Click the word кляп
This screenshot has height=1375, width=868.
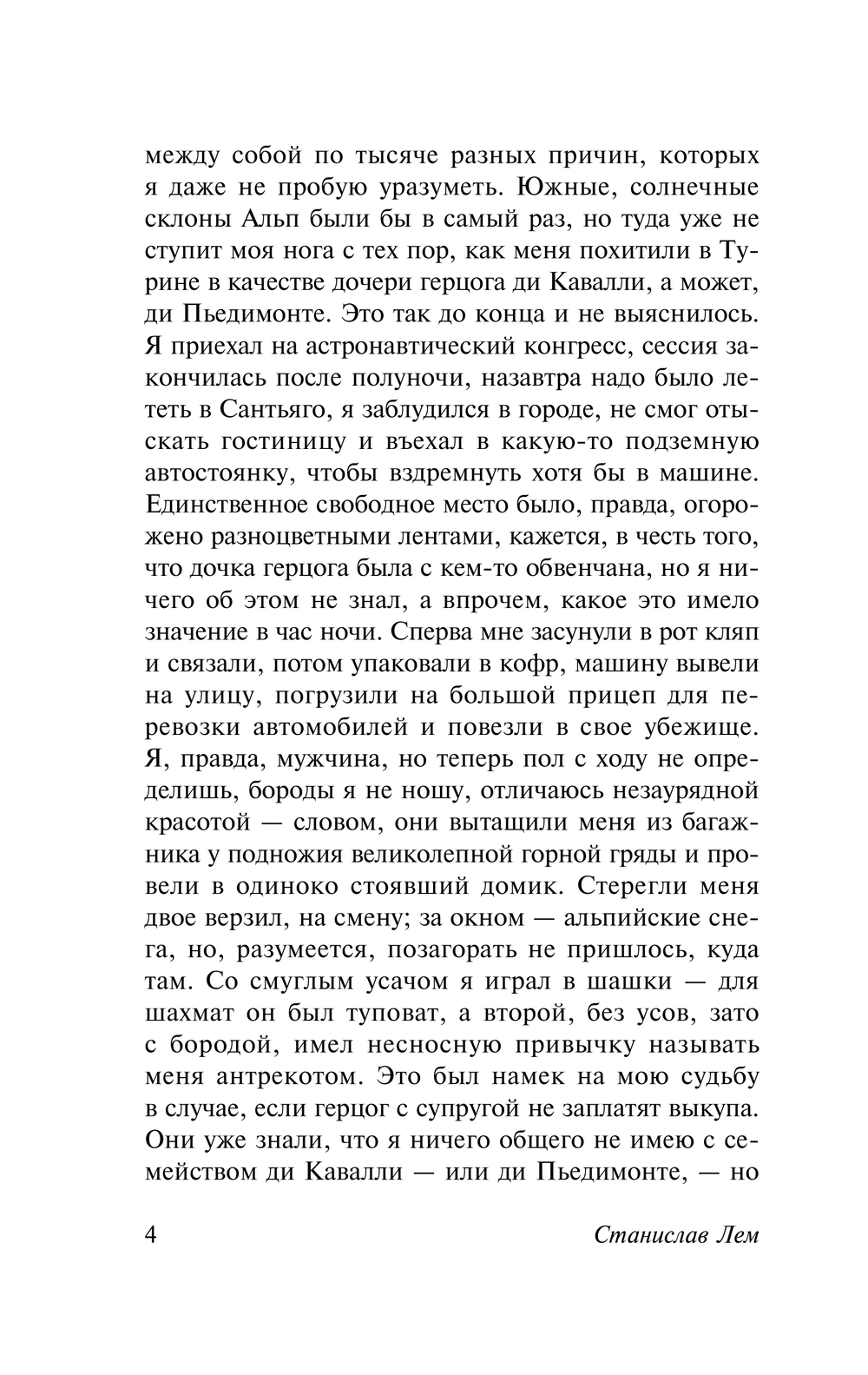tap(733, 631)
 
